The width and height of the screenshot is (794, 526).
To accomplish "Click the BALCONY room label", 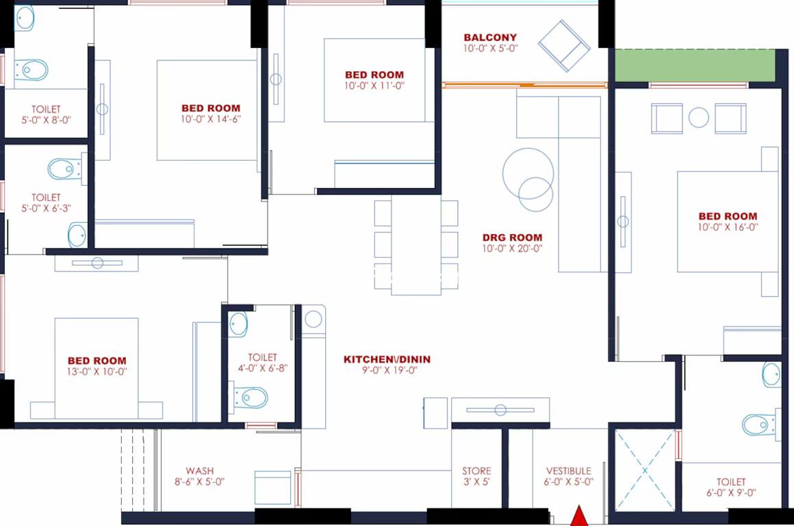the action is click(x=490, y=38).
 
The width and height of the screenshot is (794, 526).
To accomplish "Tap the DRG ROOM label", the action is click(x=512, y=237).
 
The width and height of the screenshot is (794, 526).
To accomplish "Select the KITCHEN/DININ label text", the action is click(x=387, y=359).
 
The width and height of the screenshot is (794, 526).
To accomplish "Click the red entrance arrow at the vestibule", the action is click(x=579, y=516).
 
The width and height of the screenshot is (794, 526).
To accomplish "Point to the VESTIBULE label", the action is click(x=569, y=471).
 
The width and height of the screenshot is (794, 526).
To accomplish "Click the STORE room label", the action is click(x=476, y=471).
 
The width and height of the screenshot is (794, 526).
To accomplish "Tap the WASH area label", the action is click(x=199, y=471).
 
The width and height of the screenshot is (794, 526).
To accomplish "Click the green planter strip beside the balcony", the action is click(x=695, y=65).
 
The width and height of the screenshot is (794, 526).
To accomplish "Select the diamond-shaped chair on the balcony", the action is click(x=563, y=46).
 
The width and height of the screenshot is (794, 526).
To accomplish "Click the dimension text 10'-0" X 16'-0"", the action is click(x=728, y=227).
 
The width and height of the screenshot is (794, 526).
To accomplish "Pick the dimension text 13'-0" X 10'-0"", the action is click(x=97, y=371).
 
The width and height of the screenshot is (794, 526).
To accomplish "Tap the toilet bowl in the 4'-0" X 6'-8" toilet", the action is click(x=250, y=398).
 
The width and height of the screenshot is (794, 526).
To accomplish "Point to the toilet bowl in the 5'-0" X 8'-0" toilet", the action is click(x=31, y=70).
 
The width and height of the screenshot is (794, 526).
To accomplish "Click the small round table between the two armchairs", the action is click(x=699, y=118).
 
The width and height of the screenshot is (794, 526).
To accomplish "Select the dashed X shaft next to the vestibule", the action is click(x=645, y=471).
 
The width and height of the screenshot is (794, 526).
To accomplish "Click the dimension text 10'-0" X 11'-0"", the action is click(x=374, y=86).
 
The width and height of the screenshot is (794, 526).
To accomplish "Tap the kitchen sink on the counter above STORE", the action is click(x=500, y=410).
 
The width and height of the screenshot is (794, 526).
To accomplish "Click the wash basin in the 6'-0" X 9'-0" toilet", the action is click(x=771, y=375).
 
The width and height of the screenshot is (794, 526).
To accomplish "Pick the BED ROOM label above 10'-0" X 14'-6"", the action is click(x=211, y=108).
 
